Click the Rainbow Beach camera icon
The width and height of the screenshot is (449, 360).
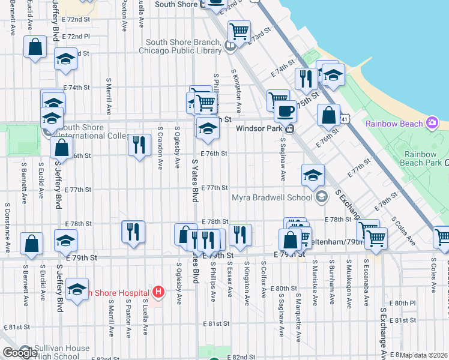click(432, 123)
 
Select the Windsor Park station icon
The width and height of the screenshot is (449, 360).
click(289, 128)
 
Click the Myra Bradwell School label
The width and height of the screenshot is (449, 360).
click(271, 197)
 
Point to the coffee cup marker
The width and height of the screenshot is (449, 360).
click(285, 111)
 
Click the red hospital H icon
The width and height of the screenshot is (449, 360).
click(158, 293)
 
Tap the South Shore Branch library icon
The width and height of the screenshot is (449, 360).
click(229, 46)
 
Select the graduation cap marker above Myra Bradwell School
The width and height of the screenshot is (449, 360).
click(313, 175)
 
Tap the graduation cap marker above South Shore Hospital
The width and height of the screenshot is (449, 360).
click(77, 290)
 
